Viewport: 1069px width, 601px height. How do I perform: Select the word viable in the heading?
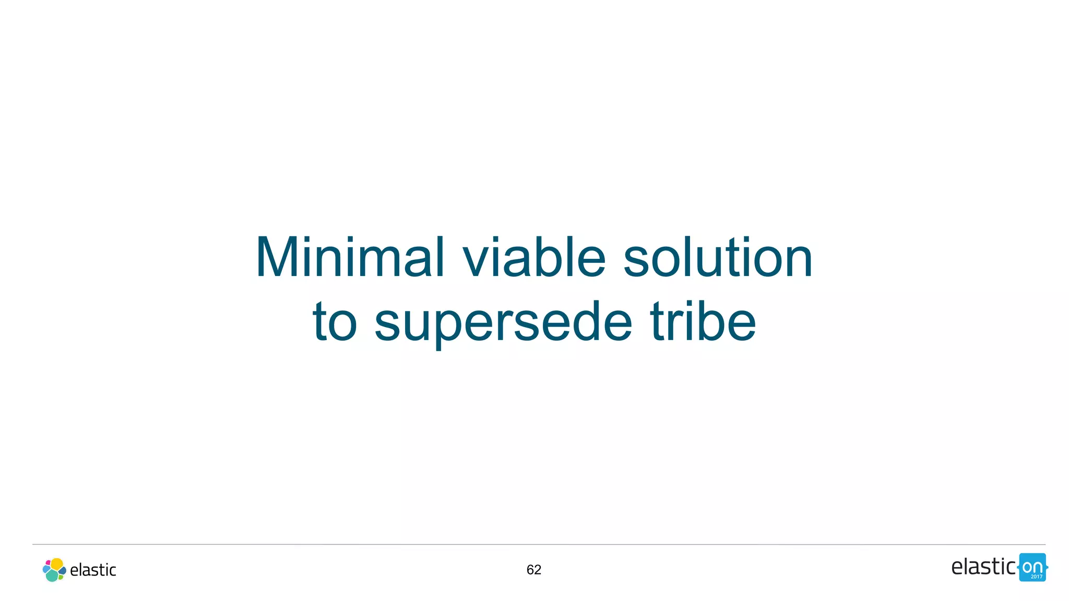pyautogui.click(x=534, y=258)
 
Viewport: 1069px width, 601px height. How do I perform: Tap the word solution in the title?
pyautogui.click(x=718, y=258)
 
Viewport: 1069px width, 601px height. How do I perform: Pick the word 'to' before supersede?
pyautogui.click(x=335, y=322)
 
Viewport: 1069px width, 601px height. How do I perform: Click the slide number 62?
pyautogui.click(x=534, y=570)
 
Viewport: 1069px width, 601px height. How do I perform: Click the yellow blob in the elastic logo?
pyautogui.click(x=57, y=564)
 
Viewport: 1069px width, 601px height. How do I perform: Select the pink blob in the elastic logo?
pyautogui.click(x=48, y=563)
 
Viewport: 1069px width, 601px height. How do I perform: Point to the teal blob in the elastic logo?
pyautogui.click(x=52, y=575)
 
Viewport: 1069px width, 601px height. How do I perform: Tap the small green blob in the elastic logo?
pyautogui.click(x=61, y=576)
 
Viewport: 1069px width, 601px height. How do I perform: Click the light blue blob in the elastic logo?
pyautogui.click(x=46, y=569)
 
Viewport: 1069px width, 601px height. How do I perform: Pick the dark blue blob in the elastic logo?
pyautogui.click(x=63, y=571)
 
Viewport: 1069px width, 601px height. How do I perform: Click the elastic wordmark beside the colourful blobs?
pyautogui.click(x=93, y=570)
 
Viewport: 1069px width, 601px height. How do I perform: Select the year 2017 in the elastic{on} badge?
pyautogui.click(x=1036, y=576)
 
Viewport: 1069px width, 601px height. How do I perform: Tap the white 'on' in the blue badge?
pyautogui.click(x=1032, y=567)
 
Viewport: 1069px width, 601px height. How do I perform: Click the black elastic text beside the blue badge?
pyautogui.click(x=983, y=567)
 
